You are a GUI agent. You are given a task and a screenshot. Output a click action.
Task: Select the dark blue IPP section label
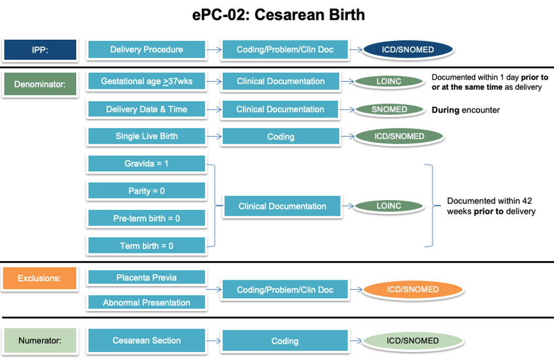40,49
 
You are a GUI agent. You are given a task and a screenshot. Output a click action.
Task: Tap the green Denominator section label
40,85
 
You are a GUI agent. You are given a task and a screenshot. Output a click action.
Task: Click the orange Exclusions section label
40,279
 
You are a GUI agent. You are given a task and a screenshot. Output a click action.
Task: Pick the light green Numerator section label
40,340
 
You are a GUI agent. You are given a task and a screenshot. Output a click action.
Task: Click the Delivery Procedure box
146,49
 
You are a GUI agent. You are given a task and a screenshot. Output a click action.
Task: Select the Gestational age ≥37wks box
146,81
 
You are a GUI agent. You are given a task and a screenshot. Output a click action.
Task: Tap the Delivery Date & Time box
146,109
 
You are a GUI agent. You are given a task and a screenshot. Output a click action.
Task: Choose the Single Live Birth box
146,136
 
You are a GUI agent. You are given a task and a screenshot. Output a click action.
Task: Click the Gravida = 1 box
146,164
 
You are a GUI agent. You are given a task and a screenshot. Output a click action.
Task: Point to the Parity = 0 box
146,191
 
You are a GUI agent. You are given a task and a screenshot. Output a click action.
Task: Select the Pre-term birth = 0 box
146,218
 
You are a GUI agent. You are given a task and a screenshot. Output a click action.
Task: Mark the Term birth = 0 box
146,246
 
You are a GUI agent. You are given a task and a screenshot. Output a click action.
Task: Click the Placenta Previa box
146,278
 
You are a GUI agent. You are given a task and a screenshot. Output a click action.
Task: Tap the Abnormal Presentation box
146,303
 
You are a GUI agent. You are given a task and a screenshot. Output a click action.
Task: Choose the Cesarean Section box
146,340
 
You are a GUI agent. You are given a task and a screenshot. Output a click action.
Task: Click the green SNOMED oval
389,109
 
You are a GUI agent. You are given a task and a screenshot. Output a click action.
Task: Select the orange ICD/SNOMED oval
412,289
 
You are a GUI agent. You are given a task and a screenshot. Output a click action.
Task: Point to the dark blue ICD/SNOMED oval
408,49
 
